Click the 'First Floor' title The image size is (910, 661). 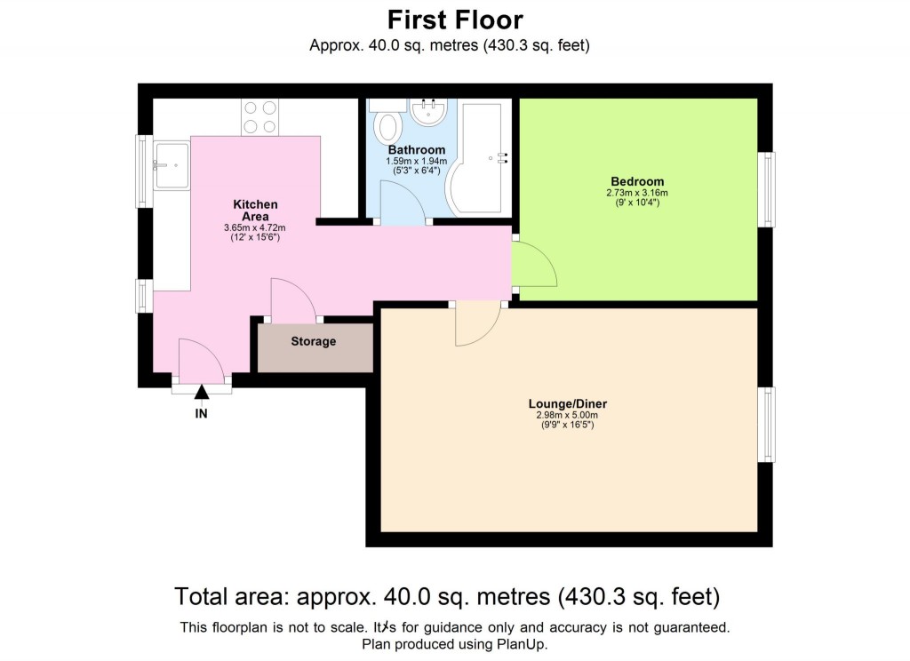(x=455, y=20)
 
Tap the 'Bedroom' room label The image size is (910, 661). (x=636, y=181)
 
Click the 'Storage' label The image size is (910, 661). (x=314, y=341)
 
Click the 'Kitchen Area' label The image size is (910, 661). (x=255, y=210)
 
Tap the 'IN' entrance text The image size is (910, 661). (x=202, y=413)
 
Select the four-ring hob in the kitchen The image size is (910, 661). (x=259, y=116)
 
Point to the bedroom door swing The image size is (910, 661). (x=535, y=264)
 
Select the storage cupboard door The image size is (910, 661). (x=292, y=300)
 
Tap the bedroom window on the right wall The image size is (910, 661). (x=767, y=189)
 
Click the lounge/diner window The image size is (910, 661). (x=766, y=424)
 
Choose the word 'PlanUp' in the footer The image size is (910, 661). (x=525, y=643)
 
